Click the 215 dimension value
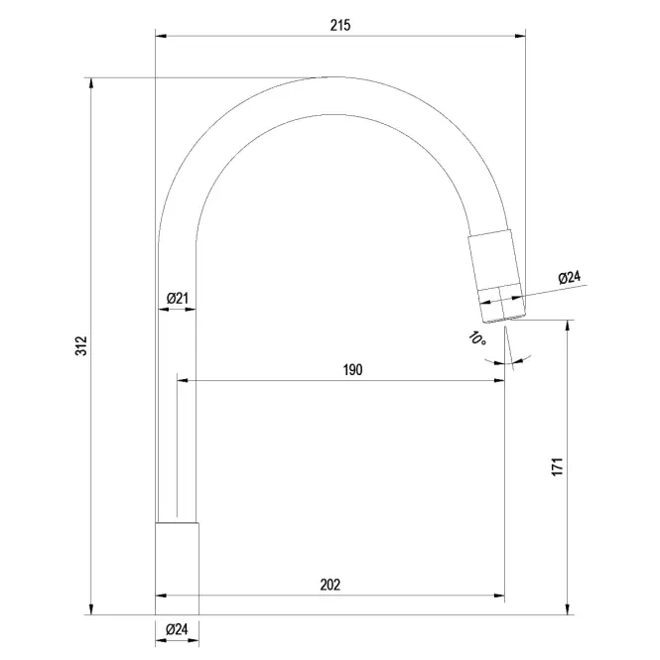[x=340, y=25]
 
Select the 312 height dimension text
[x=80, y=345]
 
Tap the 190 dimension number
[x=352, y=369]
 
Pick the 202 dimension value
[x=330, y=585]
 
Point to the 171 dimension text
[x=557, y=466]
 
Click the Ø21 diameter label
[x=178, y=299]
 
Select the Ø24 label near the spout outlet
[x=569, y=278]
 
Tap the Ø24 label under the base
[x=177, y=629]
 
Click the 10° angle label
[x=477, y=338]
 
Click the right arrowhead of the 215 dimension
[x=520, y=36]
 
